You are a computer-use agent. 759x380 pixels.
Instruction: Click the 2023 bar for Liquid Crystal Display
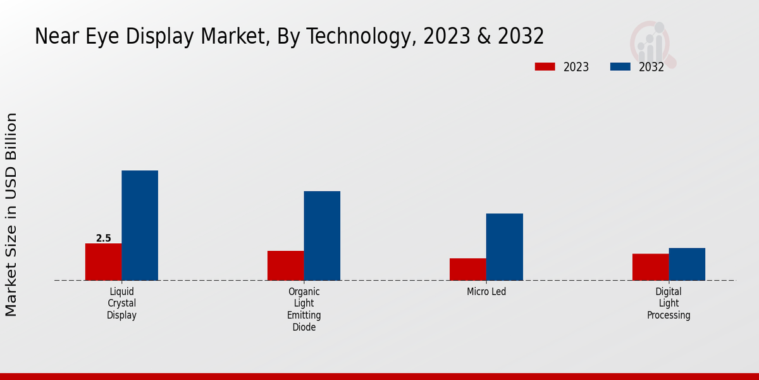point(103,262)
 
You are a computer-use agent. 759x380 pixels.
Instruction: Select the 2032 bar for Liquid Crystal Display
point(140,225)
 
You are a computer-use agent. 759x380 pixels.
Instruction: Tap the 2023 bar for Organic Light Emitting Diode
point(285,265)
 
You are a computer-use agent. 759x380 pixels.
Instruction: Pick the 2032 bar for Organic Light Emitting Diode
point(322,236)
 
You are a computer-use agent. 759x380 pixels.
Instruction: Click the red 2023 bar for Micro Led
point(468,269)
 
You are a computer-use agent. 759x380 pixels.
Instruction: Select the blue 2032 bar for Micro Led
point(505,247)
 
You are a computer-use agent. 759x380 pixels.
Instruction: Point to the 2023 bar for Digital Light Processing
point(650,267)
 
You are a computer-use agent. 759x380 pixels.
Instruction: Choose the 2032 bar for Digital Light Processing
point(687,264)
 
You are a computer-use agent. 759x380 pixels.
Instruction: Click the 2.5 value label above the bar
point(103,239)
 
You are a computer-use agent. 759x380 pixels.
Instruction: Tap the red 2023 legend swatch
point(545,66)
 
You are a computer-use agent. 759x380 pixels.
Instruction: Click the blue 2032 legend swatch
point(620,66)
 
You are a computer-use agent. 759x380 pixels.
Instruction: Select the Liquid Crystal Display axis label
point(121,303)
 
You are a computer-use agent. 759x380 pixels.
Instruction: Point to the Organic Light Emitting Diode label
point(304,309)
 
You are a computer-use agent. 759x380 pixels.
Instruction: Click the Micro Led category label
point(486,292)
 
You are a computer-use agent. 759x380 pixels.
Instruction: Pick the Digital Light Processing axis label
point(669,303)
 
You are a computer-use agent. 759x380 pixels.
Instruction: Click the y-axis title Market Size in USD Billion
point(11,215)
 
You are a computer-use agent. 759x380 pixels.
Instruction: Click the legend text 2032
point(651,67)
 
